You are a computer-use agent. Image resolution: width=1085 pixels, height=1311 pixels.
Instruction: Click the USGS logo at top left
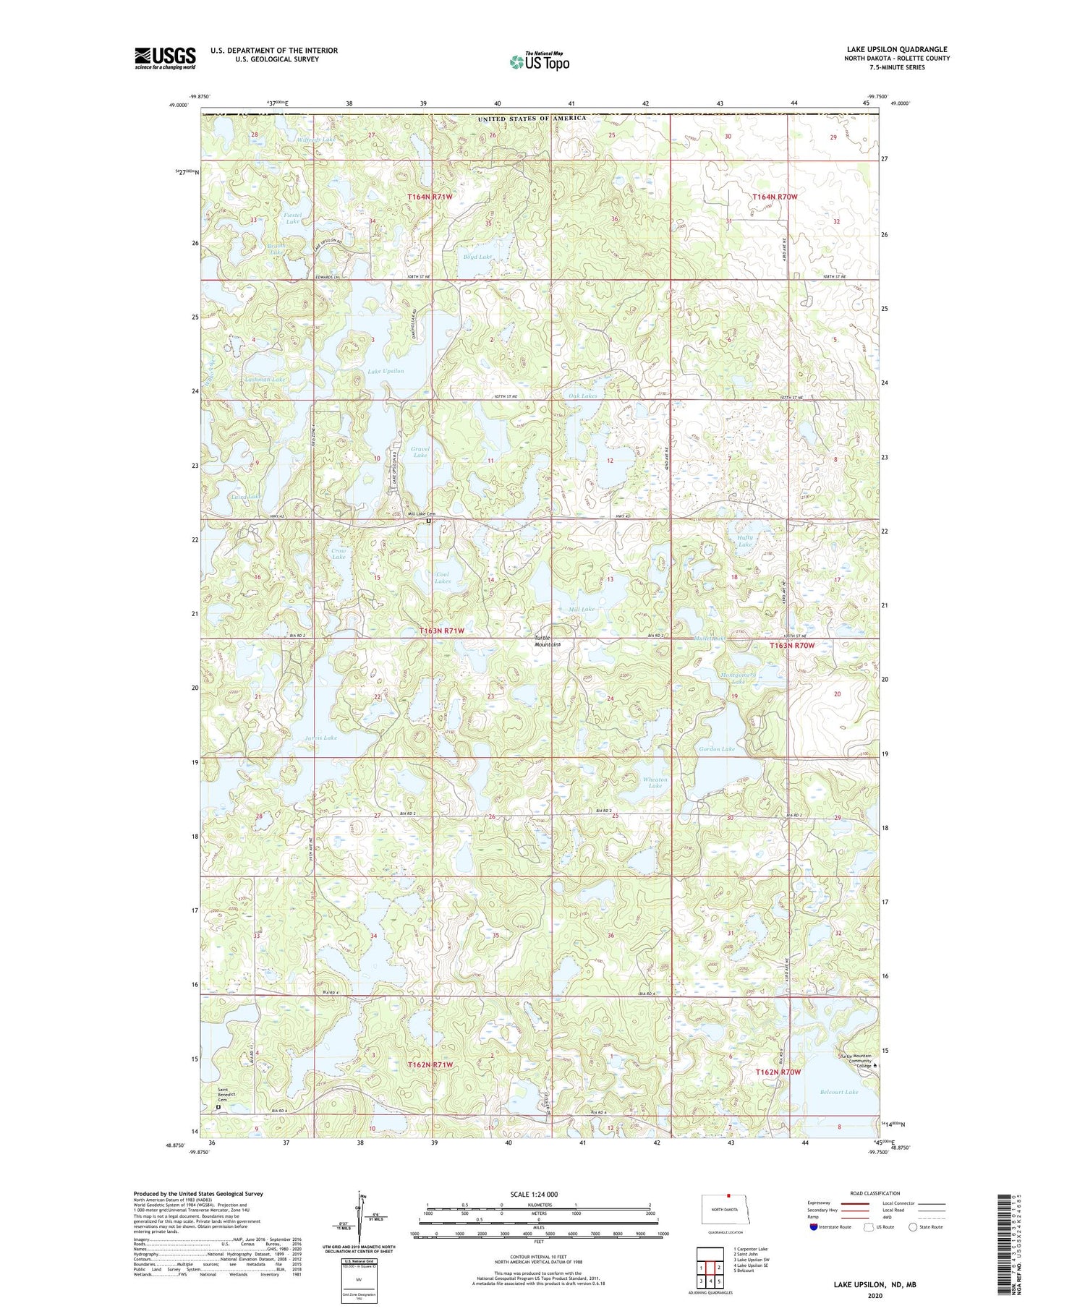pos(165,58)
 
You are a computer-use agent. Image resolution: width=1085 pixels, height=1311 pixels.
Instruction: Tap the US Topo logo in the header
pos(539,61)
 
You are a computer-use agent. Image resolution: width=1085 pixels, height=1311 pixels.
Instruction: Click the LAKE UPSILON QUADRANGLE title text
pos(897,49)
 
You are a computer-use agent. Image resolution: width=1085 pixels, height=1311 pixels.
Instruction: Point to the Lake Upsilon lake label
pos(386,371)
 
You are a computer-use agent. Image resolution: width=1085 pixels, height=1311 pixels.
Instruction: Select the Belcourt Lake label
pos(839,1092)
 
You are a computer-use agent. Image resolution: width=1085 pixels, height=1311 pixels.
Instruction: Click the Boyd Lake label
pos(477,257)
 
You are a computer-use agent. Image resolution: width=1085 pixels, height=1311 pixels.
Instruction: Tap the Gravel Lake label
pos(420,452)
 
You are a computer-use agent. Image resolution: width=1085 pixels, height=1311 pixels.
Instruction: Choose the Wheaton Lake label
pos(655,782)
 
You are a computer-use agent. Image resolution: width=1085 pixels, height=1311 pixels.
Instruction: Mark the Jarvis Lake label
pos(320,738)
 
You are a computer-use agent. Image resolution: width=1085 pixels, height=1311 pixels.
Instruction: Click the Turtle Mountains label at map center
pos(548,641)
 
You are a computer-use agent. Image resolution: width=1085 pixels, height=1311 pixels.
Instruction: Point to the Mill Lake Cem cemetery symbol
pos(429,521)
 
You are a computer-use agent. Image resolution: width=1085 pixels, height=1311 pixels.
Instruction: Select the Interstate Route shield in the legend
pos(814,1227)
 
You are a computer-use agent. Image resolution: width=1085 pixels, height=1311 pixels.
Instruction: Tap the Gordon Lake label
pos(716,749)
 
